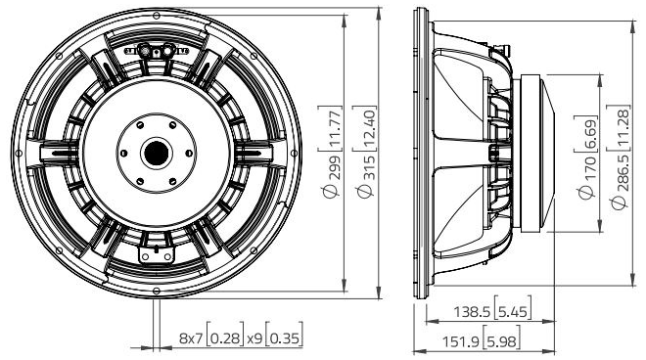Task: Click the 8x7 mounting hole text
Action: [x=193, y=337]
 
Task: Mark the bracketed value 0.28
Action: [x=227, y=337]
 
